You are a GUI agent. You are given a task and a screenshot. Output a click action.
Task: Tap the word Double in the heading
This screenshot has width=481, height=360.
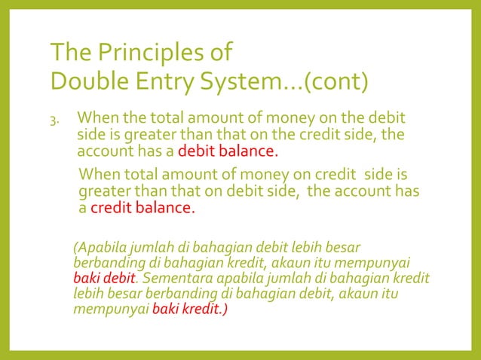[x=84, y=81]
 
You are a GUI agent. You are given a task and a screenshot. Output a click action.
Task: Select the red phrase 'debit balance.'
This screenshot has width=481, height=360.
[x=233, y=151]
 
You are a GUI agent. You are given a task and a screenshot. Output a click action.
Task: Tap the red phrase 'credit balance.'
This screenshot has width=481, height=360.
[x=142, y=207]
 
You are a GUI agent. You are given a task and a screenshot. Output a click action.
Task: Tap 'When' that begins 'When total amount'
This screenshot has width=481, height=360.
[x=100, y=174]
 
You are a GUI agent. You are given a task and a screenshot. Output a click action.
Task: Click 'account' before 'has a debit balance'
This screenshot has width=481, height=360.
[x=105, y=151]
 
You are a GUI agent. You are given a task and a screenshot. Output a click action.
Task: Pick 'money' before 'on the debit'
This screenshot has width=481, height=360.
[x=302, y=118]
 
